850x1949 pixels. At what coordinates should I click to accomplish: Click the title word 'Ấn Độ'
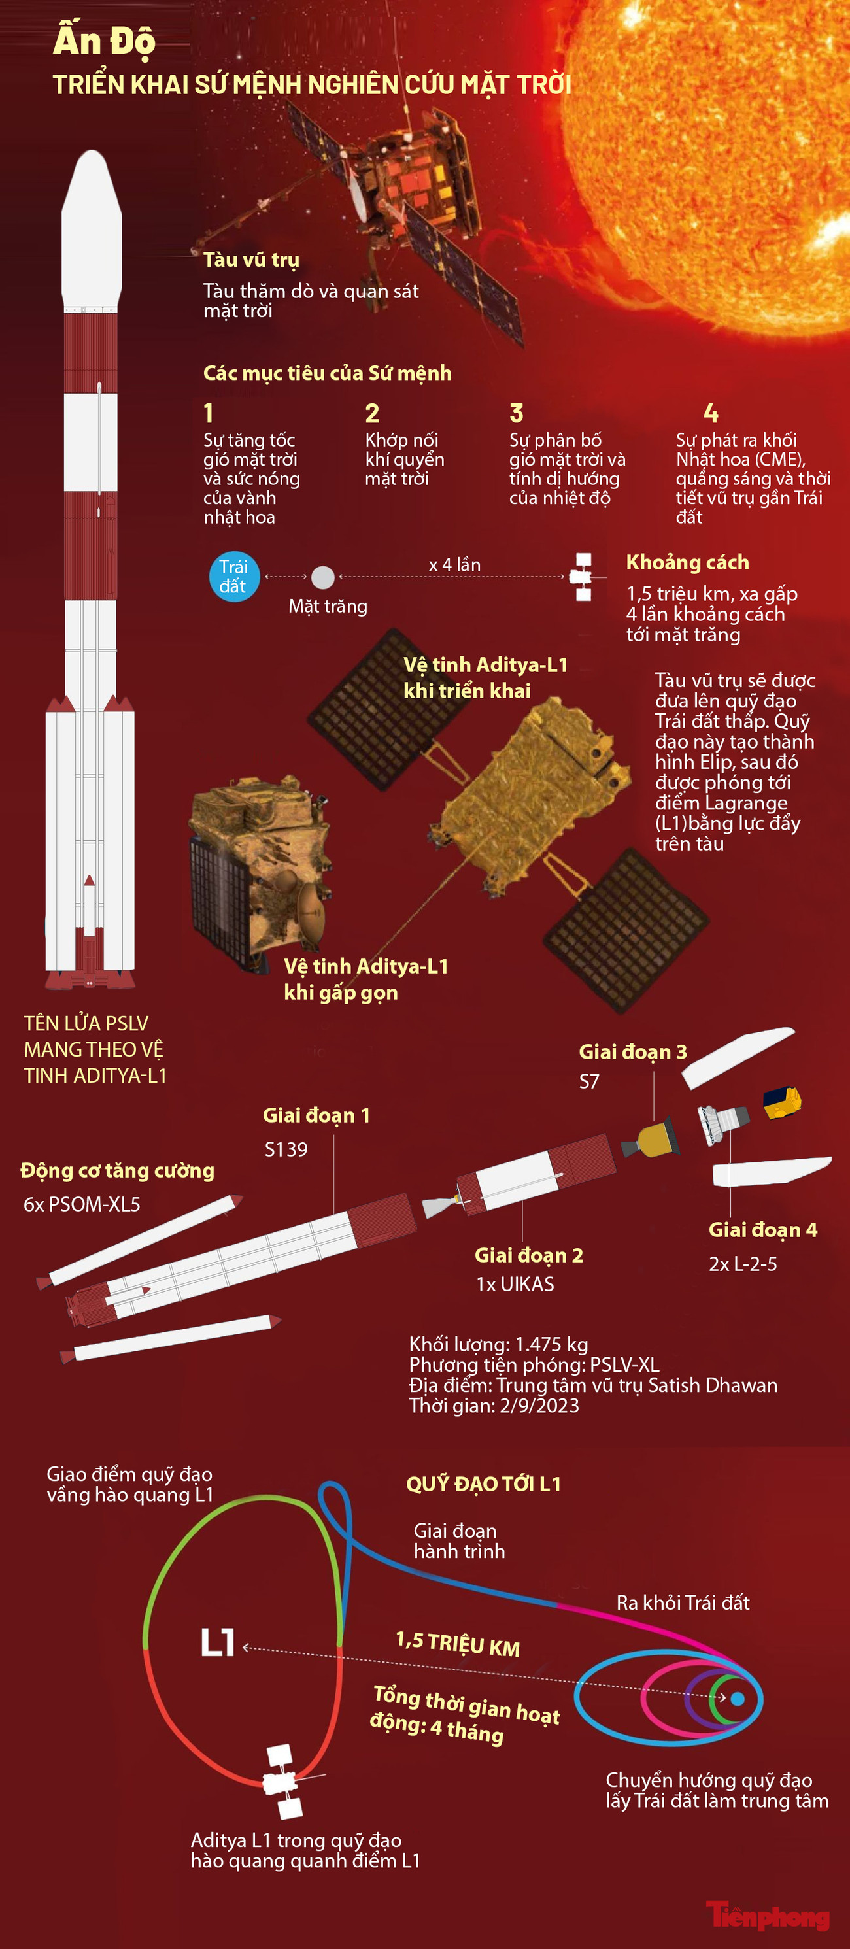(104, 40)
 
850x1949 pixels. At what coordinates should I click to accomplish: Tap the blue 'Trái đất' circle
(234, 577)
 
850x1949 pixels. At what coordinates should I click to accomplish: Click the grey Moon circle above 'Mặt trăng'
(323, 577)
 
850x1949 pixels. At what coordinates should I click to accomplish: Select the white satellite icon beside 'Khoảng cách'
(583, 577)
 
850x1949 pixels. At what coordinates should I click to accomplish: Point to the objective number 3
(516, 413)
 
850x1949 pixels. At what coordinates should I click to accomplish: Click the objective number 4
(711, 413)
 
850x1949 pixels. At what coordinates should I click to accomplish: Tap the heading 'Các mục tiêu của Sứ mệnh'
(327, 373)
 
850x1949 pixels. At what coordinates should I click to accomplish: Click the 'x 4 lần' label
(454, 564)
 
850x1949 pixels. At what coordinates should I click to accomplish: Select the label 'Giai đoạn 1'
(316, 1115)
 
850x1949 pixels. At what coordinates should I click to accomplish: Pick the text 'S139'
(286, 1149)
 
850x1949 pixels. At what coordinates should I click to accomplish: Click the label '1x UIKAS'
(515, 1284)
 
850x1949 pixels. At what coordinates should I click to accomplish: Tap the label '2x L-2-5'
(743, 1264)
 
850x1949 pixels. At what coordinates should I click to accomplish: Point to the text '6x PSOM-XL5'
(82, 1204)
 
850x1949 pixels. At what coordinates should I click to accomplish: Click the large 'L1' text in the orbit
(217, 1642)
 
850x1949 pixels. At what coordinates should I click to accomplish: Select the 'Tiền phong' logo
(768, 1916)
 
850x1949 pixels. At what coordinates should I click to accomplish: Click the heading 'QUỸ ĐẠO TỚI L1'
(484, 1483)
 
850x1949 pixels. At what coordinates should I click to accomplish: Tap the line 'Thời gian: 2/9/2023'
(494, 1405)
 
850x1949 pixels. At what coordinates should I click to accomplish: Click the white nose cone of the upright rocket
(92, 227)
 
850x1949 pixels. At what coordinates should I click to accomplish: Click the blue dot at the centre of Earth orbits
(738, 1699)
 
